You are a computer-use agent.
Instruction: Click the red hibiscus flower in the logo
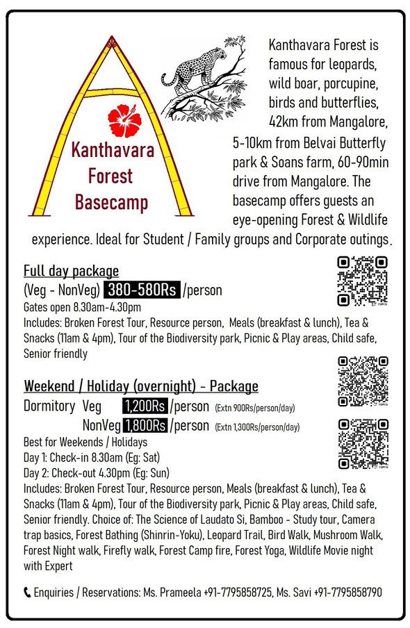tap(124, 119)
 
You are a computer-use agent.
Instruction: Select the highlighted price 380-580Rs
tap(142, 290)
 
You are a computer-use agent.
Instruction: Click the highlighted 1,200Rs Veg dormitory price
tap(145, 406)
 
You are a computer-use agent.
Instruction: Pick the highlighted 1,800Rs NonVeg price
tap(145, 424)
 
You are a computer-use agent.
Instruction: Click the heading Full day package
tap(71, 271)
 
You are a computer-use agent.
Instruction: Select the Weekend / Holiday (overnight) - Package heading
tap(141, 386)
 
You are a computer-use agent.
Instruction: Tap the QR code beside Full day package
tap(361, 281)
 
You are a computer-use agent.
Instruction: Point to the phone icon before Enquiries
tap(27, 592)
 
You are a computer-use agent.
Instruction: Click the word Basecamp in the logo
tap(110, 203)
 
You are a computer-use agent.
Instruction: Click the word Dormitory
tap(49, 406)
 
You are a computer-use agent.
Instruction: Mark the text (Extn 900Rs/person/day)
tap(256, 408)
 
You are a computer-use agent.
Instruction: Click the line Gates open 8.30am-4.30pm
tap(82, 307)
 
